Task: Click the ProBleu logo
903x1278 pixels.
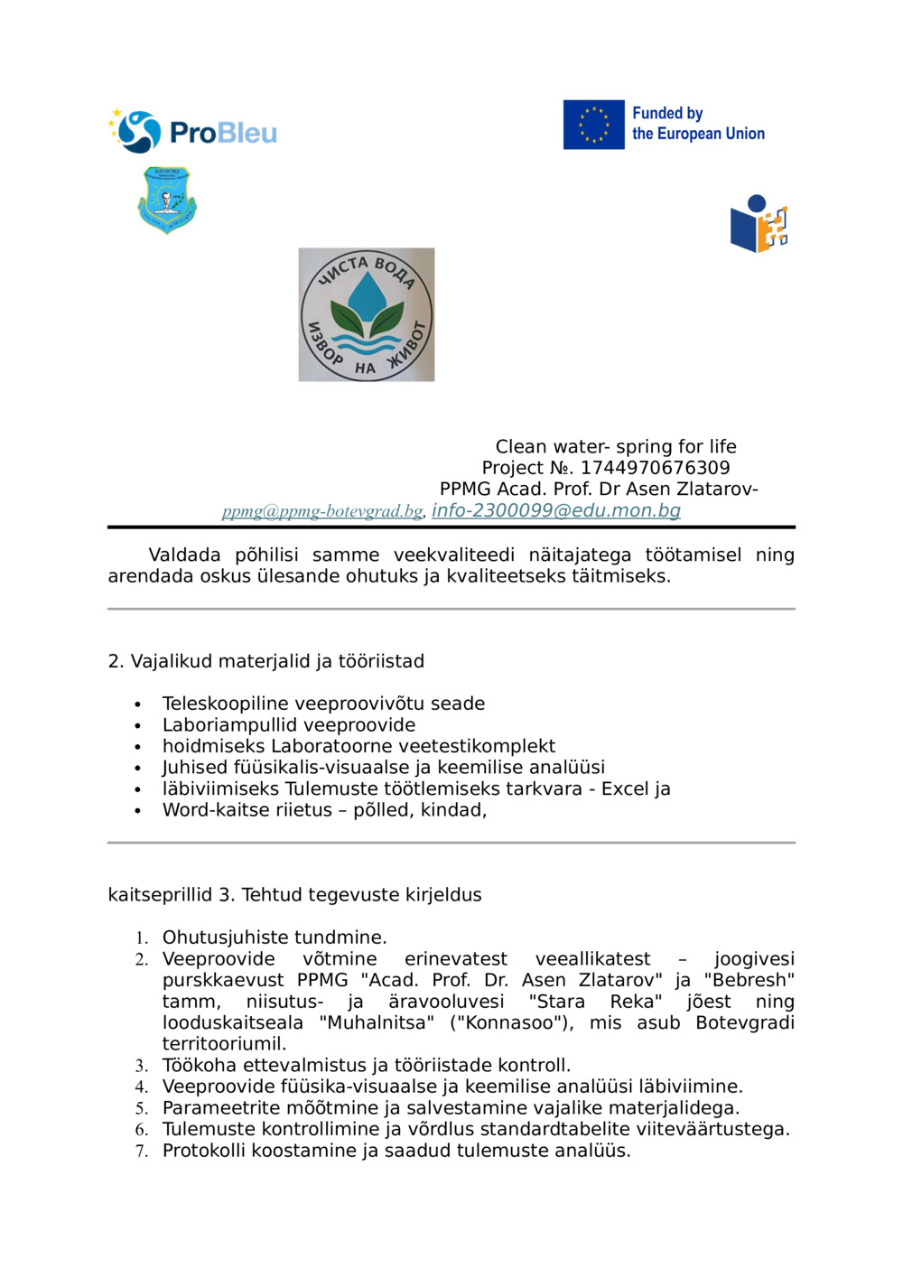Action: tap(192, 132)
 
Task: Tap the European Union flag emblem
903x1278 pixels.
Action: tap(593, 125)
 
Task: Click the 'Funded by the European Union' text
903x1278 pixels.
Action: tap(697, 124)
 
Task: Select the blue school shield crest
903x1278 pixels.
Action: tap(167, 200)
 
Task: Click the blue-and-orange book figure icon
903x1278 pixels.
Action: tap(759, 224)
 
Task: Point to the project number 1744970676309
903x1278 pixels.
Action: tap(655, 468)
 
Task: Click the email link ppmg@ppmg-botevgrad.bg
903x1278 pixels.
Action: tap(322, 511)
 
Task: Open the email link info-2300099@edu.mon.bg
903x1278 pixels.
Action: tap(555, 510)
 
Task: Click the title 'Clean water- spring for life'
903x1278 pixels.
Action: tap(615, 446)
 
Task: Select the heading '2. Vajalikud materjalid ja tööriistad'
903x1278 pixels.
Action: tap(265, 661)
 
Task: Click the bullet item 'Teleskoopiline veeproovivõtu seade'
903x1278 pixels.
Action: tap(323, 704)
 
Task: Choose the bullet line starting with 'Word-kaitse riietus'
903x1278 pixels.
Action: tap(324, 810)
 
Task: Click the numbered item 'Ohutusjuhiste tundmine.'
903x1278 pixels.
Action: tap(275, 938)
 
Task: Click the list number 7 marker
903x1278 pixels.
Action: tap(141, 1152)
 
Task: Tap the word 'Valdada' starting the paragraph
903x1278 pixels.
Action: tap(184, 555)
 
